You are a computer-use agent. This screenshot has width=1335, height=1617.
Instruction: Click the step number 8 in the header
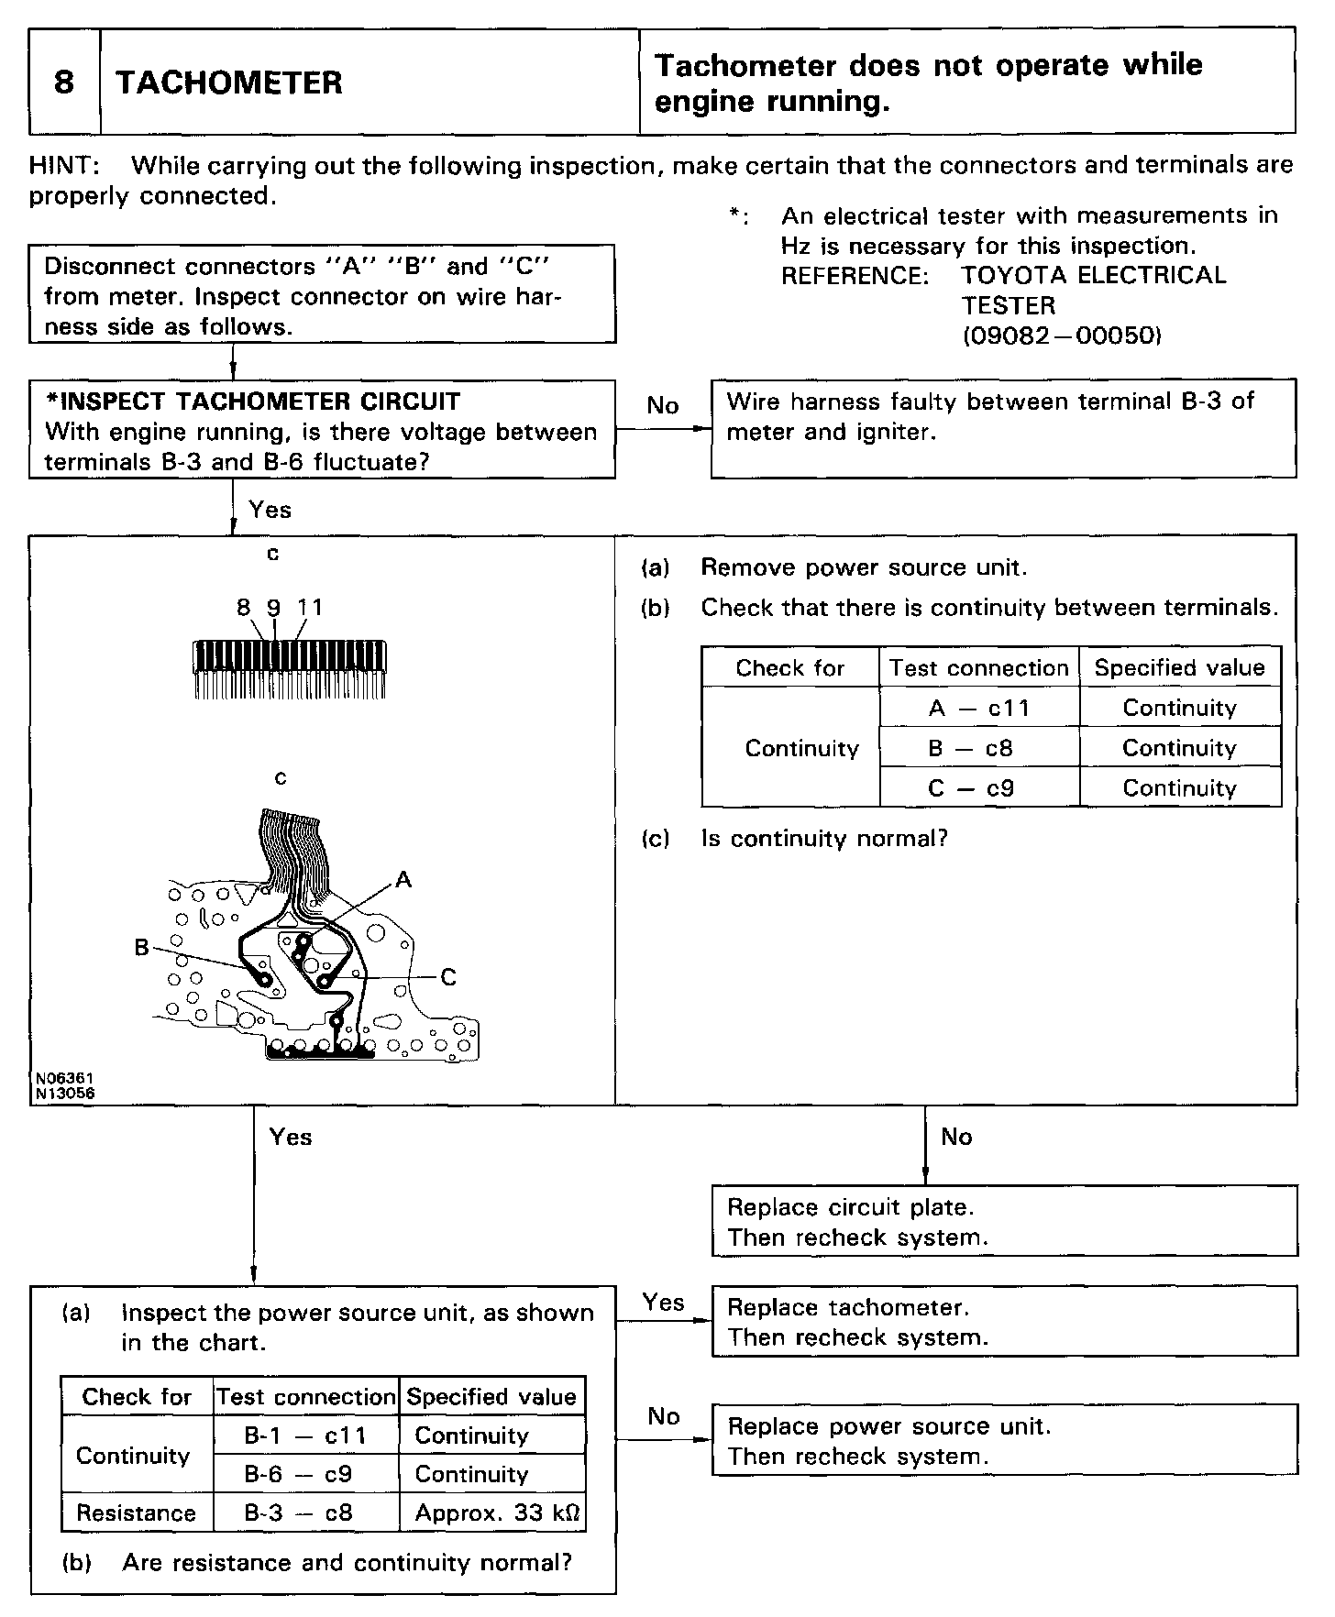point(63,82)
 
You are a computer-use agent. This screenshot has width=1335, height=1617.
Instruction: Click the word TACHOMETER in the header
point(228,82)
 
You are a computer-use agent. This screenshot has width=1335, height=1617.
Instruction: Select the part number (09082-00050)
point(1062,335)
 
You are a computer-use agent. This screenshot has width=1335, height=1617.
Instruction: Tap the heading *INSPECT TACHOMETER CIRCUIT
point(252,401)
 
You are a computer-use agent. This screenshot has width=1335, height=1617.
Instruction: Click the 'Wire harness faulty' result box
point(1003,428)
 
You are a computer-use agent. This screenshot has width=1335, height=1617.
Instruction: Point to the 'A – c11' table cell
point(979,708)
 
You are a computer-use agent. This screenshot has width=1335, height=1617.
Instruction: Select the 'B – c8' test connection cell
point(979,748)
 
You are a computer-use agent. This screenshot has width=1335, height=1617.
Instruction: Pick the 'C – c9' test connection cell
point(979,788)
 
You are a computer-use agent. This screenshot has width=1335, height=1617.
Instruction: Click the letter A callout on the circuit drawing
point(403,880)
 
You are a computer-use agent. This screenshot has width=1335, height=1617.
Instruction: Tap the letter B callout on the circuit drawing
point(142,948)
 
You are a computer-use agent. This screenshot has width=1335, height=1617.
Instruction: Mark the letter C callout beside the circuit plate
point(448,977)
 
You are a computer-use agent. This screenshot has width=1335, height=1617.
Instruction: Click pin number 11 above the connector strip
point(310,607)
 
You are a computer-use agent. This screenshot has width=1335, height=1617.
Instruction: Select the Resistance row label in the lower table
point(136,1512)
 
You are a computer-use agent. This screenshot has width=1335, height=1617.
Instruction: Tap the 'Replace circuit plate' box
point(1004,1222)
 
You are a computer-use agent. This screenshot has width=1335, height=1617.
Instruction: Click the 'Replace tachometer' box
point(1004,1322)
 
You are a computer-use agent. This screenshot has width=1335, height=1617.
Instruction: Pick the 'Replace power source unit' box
point(1004,1441)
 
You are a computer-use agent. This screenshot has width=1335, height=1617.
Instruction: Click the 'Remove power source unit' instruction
point(863,567)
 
